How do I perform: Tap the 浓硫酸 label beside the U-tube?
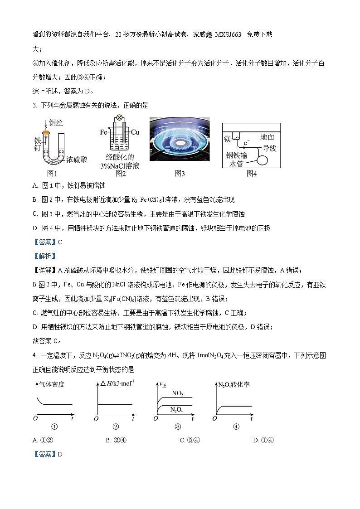[76, 159]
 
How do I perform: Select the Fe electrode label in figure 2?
[103, 132]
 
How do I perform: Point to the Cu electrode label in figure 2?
[135, 132]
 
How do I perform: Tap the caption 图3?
[180, 173]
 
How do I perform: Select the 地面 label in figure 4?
[267, 136]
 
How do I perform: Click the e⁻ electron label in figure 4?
[247, 143]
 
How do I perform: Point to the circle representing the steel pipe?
[263, 159]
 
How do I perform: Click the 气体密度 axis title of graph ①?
[53, 384]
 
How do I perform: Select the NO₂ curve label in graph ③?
[177, 394]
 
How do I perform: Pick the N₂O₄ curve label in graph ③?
[176, 409]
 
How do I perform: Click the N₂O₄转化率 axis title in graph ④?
[234, 384]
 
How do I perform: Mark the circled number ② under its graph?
[116, 426]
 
